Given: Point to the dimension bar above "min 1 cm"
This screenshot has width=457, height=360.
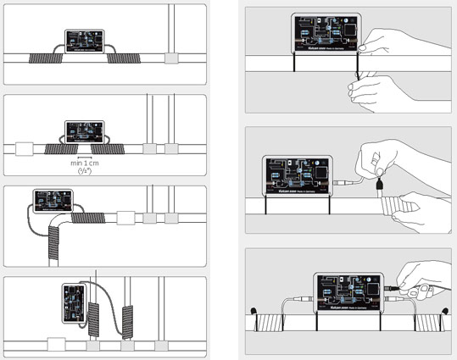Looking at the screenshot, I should click(84, 156).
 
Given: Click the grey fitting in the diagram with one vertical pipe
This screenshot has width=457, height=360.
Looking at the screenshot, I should click(170, 59).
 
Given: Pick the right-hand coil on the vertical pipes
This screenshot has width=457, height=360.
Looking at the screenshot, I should click(128, 322).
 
